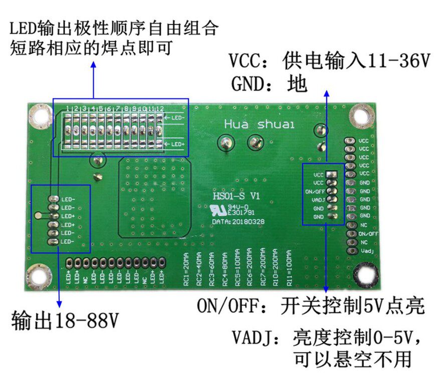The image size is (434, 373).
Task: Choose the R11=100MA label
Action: [x=289, y=269]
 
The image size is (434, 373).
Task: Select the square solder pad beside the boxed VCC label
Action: [x=330, y=174]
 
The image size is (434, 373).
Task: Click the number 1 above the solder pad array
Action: [x=68, y=108]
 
